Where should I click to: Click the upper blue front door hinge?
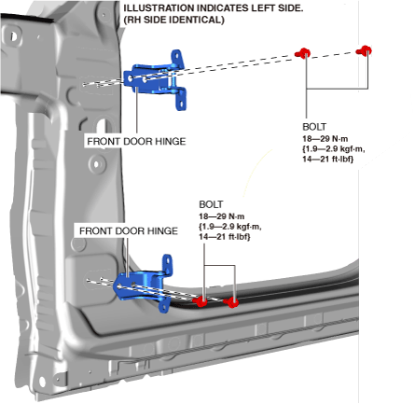[156, 81]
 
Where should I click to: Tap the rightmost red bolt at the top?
[364, 50]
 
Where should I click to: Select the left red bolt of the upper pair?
[302, 53]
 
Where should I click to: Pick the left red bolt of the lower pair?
[201, 300]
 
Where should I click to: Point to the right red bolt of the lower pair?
[231, 302]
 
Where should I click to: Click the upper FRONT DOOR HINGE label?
[136, 142]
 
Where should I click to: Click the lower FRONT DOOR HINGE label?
[129, 231]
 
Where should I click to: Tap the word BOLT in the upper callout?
[314, 127]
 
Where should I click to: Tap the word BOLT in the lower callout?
[211, 204]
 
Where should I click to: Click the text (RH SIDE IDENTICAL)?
[173, 20]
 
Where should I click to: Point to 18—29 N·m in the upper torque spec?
[325, 139]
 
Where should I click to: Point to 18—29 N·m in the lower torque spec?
[222, 216]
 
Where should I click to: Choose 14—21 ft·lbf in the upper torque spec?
[328, 159]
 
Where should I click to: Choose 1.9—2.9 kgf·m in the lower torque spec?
[230, 227]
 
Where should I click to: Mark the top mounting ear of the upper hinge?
[177, 59]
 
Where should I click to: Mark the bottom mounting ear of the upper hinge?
[181, 99]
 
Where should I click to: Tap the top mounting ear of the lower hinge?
[168, 264]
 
